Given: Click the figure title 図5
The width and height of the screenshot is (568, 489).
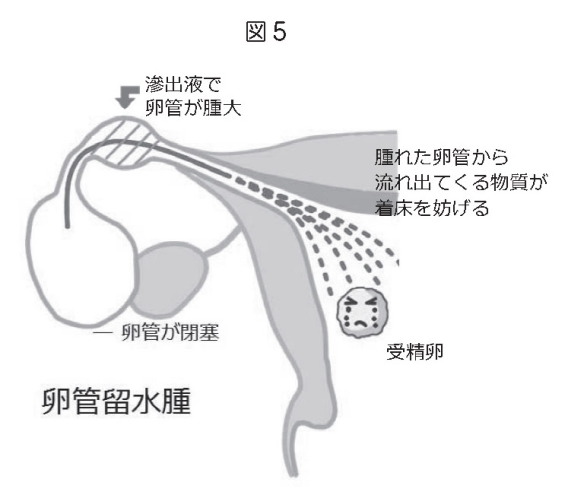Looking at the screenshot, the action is click(266, 31).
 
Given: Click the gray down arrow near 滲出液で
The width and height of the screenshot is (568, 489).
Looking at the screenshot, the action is click(127, 97).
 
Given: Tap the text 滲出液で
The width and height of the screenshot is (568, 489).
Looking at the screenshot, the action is click(183, 84).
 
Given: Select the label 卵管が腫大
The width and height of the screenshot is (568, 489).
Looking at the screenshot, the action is click(193, 108).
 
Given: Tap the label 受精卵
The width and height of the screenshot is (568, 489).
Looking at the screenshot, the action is click(415, 351).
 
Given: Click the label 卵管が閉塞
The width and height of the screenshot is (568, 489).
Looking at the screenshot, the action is click(170, 332).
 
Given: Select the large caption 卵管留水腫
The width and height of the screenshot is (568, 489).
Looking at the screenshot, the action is click(117, 401).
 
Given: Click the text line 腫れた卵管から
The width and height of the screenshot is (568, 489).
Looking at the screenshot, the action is click(442, 157).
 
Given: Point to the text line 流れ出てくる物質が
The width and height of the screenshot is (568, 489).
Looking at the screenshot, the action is click(461, 182).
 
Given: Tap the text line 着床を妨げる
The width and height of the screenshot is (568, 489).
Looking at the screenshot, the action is click(432, 208).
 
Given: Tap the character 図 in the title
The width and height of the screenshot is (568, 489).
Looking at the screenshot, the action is click(256, 31).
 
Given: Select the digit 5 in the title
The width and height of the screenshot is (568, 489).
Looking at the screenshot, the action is click(279, 32).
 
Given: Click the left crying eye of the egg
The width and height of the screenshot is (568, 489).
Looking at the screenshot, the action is click(350, 303).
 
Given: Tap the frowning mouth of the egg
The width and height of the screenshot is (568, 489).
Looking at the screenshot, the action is click(361, 323).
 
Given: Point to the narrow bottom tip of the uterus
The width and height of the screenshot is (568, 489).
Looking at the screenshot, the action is click(294, 474).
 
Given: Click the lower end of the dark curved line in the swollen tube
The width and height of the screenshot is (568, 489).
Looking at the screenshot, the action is click(67, 226).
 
